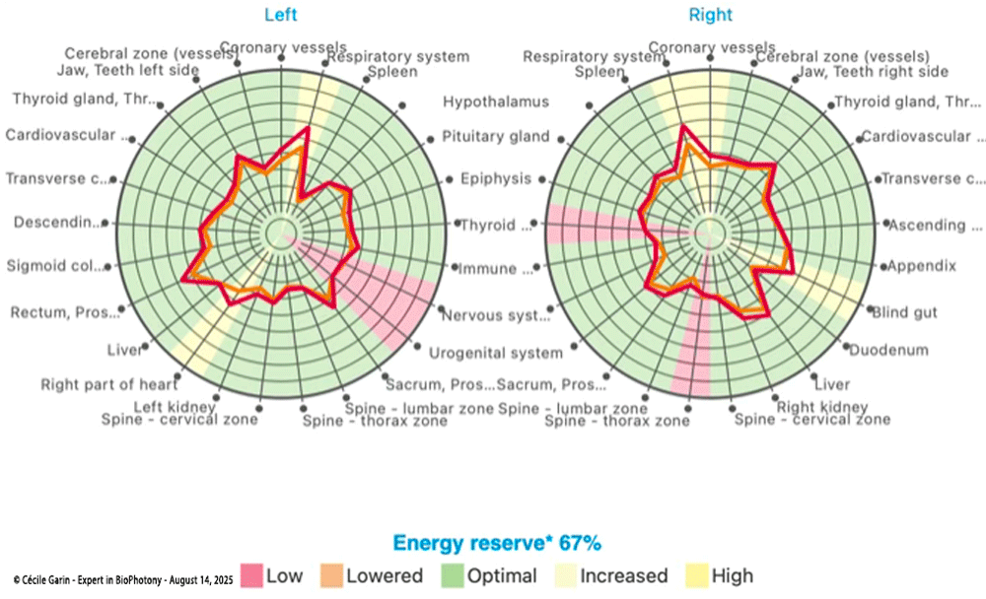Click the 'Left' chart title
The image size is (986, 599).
click(x=280, y=15)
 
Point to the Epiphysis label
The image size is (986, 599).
click(x=496, y=178)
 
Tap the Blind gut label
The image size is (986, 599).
click(x=904, y=312)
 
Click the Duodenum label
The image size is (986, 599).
click(x=888, y=350)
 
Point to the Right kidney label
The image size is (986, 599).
click(x=822, y=406)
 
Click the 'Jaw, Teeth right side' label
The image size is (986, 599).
click(x=872, y=72)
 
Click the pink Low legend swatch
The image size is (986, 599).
click(x=253, y=575)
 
